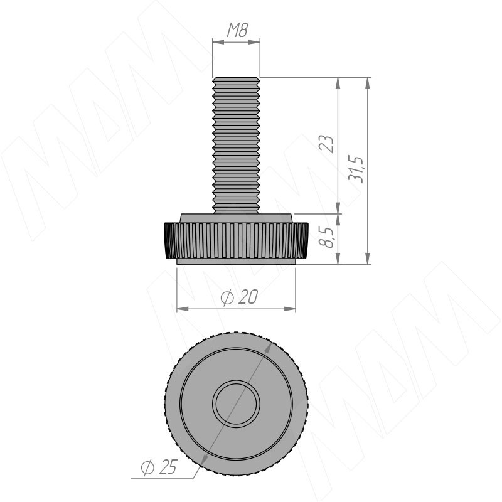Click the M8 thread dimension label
(237, 30)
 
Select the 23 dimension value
(326, 144)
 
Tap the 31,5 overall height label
(356, 169)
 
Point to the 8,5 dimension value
(326, 237)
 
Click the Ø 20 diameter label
(239, 297)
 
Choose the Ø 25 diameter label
(159, 467)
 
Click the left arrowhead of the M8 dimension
(218, 41)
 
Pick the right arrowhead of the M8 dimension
(255, 41)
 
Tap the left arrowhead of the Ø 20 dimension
(182, 309)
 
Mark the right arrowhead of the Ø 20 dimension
(290, 309)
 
